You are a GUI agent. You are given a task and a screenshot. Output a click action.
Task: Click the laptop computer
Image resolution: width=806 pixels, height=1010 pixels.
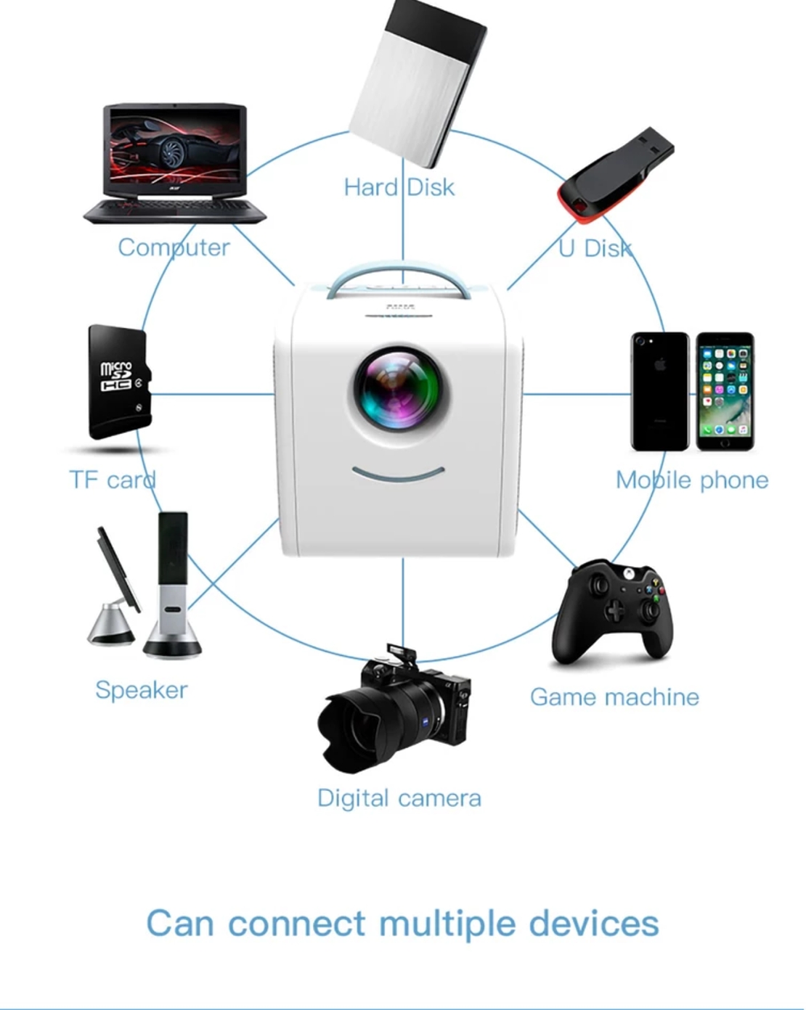pyautogui.click(x=174, y=163)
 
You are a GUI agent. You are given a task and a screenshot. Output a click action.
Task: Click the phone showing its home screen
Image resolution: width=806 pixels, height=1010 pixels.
pyautogui.click(x=725, y=392)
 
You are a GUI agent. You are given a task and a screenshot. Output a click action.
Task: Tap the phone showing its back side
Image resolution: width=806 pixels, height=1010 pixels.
pyautogui.click(x=659, y=392)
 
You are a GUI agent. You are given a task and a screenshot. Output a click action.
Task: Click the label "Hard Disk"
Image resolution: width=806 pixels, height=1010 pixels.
pyautogui.click(x=399, y=187)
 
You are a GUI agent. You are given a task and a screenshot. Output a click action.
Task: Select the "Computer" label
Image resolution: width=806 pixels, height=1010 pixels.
pyautogui.click(x=174, y=247)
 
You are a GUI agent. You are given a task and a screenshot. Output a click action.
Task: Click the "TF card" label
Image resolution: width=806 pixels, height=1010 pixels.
pyautogui.click(x=112, y=480)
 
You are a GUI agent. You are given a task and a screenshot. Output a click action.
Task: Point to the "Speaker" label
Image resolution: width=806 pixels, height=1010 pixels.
pyautogui.click(x=141, y=689)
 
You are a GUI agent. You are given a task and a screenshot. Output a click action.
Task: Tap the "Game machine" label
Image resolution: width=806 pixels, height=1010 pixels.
pyautogui.click(x=614, y=697)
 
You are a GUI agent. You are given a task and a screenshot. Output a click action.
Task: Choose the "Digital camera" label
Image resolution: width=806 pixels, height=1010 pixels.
pyautogui.click(x=399, y=798)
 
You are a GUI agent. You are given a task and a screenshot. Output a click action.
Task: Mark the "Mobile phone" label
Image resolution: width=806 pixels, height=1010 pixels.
pyautogui.click(x=691, y=480)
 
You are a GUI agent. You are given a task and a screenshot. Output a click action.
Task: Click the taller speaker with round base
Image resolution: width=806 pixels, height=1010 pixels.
pyautogui.click(x=173, y=588)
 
